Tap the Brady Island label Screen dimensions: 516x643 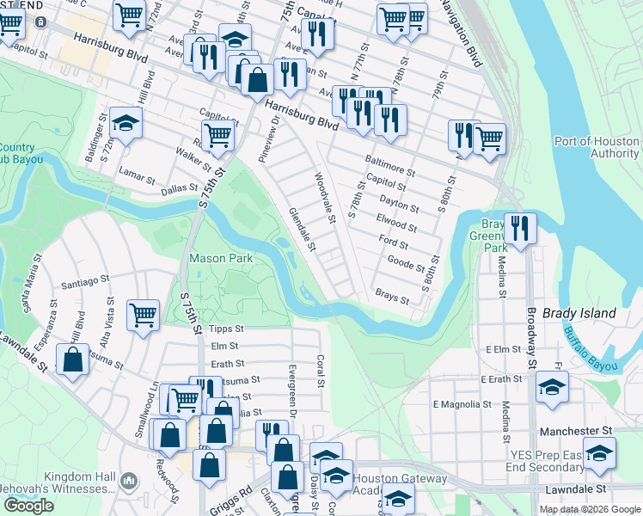click(x=579, y=314)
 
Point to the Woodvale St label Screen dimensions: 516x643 click(x=324, y=197)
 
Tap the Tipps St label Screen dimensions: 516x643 click(x=227, y=329)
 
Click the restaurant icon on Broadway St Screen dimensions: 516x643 click(x=520, y=228)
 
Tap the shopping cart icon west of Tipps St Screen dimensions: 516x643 click(x=142, y=314)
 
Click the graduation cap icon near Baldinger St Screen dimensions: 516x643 click(x=126, y=123)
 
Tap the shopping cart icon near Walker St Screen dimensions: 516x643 click(x=219, y=135)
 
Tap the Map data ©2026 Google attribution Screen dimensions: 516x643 click(x=590, y=509)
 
